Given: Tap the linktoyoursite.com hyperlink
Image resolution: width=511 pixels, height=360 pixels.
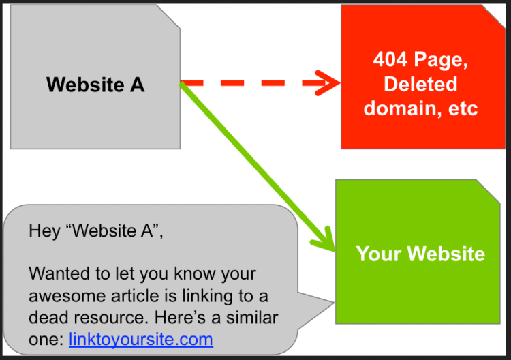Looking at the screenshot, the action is click(x=141, y=339).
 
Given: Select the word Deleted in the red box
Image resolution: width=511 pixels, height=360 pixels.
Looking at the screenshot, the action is click(x=420, y=84).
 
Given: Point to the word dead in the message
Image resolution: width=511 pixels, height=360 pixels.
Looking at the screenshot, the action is click(x=48, y=317).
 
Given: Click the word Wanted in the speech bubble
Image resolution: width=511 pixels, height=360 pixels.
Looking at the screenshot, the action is click(x=55, y=274).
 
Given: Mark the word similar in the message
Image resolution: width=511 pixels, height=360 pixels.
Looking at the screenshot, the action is click(x=253, y=317).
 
